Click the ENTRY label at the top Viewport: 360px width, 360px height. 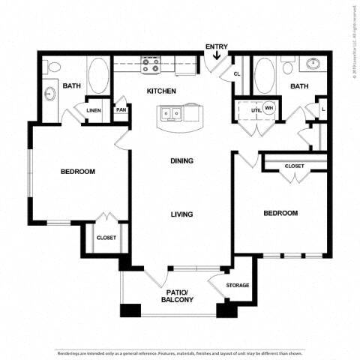[x=217, y=46]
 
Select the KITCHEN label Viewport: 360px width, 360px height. [x=161, y=91]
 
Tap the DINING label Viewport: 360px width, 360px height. [x=181, y=160]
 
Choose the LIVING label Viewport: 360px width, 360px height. [x=181, y=214]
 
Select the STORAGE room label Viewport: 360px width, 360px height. [x=238, y=284]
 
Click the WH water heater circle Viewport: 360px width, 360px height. [x=268, y=108]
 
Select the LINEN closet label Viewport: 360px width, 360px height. [x=94, y=110]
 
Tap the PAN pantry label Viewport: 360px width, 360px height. [x=121, y=110]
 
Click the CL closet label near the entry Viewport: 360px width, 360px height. [x=237, y=74]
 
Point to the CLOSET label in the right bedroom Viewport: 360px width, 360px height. [x=294, y=166]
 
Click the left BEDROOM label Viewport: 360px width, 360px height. [x=78, y=172]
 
